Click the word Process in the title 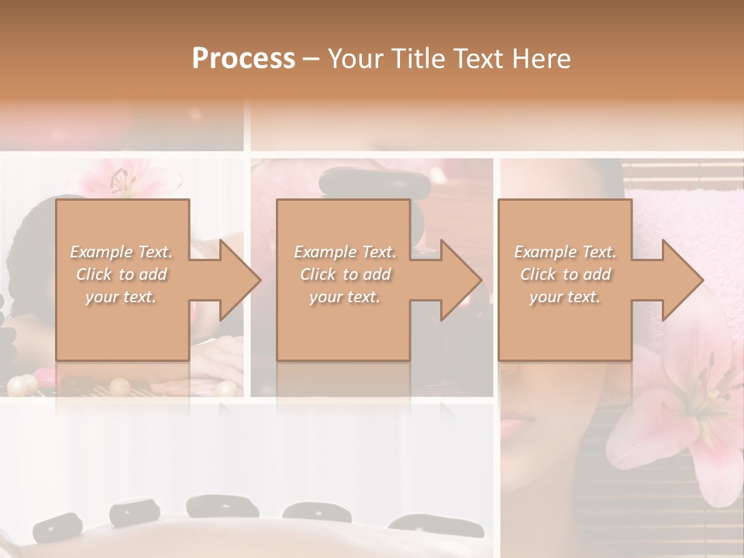243,58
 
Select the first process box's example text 122,274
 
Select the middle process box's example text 344,274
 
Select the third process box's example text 565,274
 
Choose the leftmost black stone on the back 57,528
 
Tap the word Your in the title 353,58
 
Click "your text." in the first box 122,297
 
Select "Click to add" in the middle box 344,274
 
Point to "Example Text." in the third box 565,252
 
